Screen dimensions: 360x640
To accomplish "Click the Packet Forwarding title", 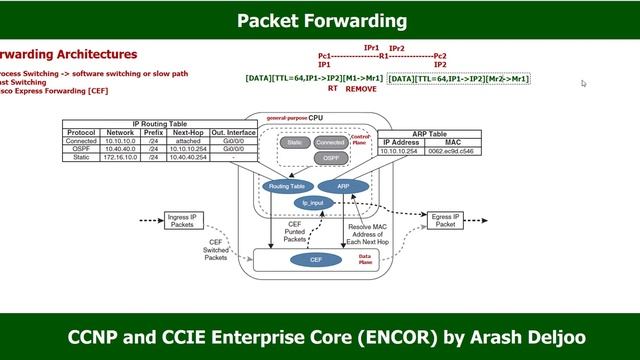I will coord(320,20).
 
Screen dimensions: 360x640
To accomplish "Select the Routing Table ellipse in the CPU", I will coord(283,186).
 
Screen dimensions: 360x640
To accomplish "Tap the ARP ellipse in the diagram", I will coord(343,186).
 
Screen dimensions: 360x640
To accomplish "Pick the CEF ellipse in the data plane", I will coord(309,260).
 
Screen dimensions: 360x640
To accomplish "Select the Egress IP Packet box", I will coord(445,221).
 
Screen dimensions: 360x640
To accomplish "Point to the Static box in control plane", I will coord(294,143).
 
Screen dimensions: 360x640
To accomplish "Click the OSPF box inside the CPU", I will coord(331,158).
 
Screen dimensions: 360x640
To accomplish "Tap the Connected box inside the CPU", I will coord(331,143).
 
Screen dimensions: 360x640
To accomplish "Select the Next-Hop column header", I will coord(188,132).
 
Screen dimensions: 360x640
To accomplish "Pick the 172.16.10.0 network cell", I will coord(120,157).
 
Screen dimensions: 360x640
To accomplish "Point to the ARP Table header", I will coord(429,132).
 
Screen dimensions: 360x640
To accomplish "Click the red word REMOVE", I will coord(361,89).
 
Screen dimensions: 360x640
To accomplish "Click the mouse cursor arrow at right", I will coord(584,84).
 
